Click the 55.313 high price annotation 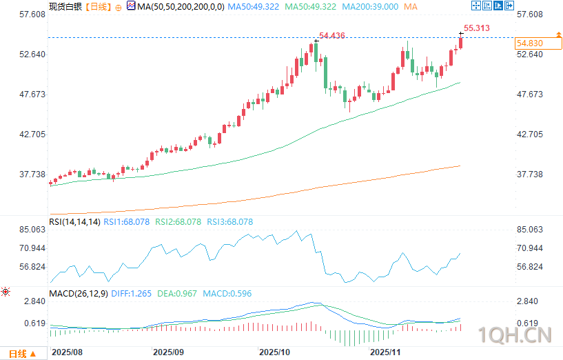click(477, 28)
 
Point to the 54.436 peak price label click(333, 35)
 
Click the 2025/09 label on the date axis click(168, 352)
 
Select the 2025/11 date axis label click(385, 352)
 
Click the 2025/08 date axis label click(67, 352)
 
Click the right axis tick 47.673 click(531, 94)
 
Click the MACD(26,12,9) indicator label click(78, 294)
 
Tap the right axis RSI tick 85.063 click(531, 230)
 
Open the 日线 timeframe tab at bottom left click(18, 354)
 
